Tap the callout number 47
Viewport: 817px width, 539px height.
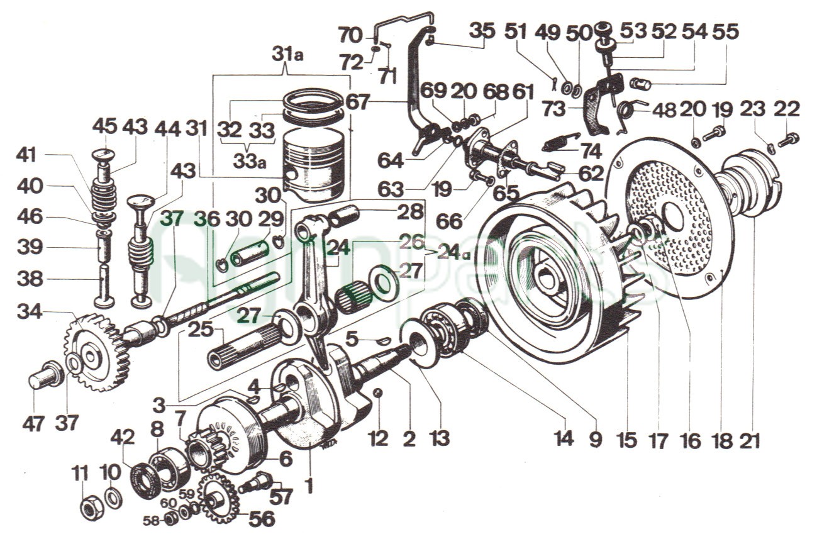(x=33, y=424)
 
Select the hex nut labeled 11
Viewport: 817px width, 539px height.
(x=90, y=509)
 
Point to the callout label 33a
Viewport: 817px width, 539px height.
(x=248, y=162)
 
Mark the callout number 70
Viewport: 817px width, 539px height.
(x=351, y=36)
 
